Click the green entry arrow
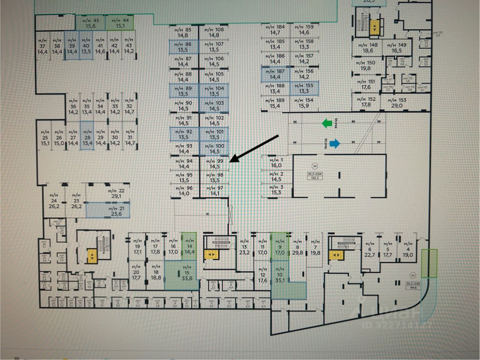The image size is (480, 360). (x=327, y=123)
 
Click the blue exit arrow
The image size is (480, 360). (x=334, y=142)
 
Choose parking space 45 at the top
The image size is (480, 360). (x=90, y=23)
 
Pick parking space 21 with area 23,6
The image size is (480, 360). (x=108, y=211)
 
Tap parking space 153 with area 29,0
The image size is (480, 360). (x=397, y=103)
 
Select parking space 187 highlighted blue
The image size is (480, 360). (x=275, y=74)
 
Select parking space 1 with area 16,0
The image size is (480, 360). (x=276, y=163)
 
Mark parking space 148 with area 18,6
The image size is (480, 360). (x=368, y=48)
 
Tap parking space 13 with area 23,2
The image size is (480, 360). (x=244, y=249)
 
